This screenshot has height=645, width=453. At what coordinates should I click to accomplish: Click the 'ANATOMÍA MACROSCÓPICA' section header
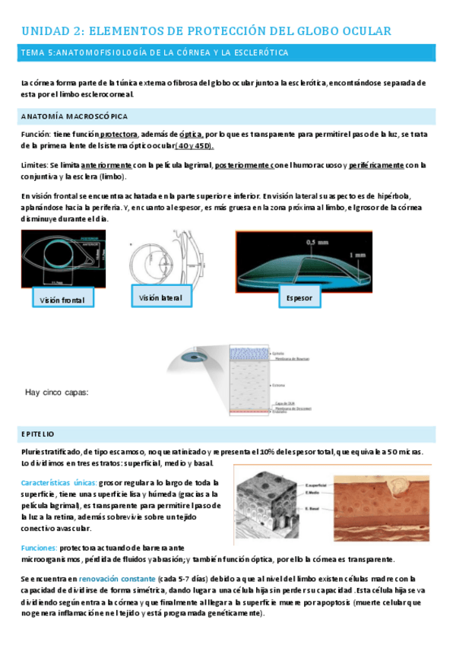(x=74, y=116)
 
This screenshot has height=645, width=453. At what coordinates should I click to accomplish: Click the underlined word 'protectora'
(x=119, y=133)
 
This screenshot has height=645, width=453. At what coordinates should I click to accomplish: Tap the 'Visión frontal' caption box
(x=62, y=300)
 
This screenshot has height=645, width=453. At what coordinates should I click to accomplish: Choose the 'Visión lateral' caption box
(x=160, y=297)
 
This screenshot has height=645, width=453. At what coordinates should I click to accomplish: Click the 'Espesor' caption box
(x=299, y=298)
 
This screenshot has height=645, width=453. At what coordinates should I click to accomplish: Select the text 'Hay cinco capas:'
(x=57, y=392)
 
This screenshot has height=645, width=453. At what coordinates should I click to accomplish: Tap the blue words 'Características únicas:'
(x=58, y=482)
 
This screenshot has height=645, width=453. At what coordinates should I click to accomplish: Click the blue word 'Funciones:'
(x=40, y=548)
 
